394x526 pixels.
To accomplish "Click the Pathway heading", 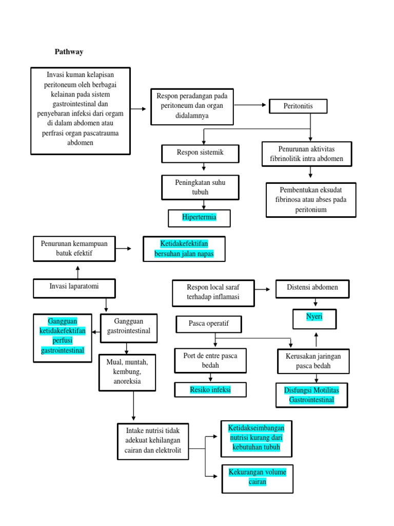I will pyautogui.click(x=69, y=52).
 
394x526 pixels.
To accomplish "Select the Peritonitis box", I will pyautogui.click(x=298, y=106).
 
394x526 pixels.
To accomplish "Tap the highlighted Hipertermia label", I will pyautogui.click(x=199, y=217).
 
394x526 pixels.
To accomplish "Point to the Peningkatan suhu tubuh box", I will pyautogui.click(x=200, y=187).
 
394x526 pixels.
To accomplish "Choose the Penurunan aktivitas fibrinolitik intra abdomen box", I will pyautogui.click(x=307, y=154).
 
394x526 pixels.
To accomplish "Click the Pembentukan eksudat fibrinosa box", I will pyautogui.click(x=310, y=200).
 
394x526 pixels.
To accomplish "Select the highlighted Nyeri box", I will pyautogui.click(x=314, y=318).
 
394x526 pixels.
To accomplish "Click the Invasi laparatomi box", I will pyautogui.click(x=74, y=288).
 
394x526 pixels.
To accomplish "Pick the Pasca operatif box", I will pyautogui.click(x=208, y=324).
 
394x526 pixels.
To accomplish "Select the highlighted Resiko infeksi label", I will pyautogui.click(x=210, y=390).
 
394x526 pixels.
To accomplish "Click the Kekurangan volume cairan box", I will pyautogui.click(x=258, y=478).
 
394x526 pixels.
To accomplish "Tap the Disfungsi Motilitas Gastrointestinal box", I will pyautogui.click(x=311, y=395).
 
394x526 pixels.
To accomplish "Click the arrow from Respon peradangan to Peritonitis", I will pyautogui.click(x=251, y=105).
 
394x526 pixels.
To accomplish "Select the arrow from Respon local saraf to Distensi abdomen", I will pyautogui.click(x=262, y=290).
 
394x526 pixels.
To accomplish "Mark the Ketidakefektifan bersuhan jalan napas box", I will pyautogui.click(x=184, y=249).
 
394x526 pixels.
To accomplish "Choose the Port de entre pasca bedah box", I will pyautogui.click(x=210, y=360).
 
